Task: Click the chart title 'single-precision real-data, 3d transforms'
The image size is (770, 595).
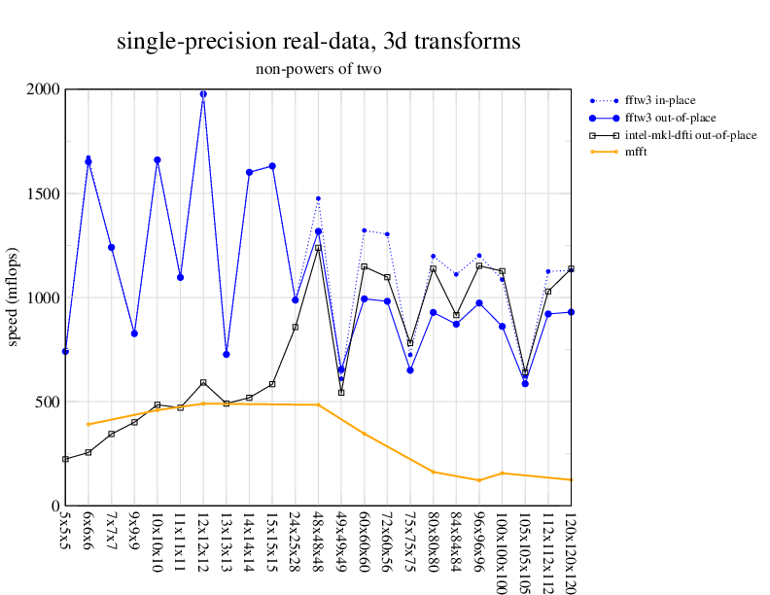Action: (318, 42)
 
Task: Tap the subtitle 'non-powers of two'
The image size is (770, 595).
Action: (318, 69)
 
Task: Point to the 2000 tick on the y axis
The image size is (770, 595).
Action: (42, 89)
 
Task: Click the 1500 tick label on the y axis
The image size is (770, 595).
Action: (42, 193)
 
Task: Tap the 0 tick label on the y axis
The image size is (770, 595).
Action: (54, 506)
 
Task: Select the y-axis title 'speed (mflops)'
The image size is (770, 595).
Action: (14, 297)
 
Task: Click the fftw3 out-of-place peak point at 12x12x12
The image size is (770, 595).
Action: (203, 94)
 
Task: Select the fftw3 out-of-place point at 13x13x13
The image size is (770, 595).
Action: (227, 354)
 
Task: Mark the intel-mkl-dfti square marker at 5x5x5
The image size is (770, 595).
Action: (65, 459)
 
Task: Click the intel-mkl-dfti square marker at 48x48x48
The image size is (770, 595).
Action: (318, 248)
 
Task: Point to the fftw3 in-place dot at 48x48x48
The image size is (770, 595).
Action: (318, 198)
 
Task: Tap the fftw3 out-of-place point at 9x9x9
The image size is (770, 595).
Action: (134, 333)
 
